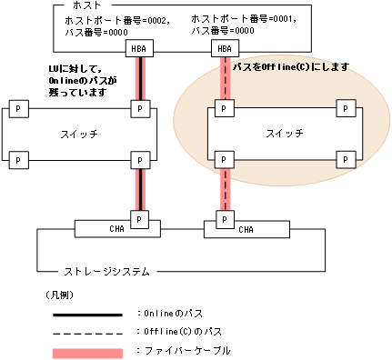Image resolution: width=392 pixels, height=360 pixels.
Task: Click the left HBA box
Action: (139, 48)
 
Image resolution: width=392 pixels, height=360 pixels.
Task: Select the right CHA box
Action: (246, 229)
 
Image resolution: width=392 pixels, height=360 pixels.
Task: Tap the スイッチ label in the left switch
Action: (76, 134)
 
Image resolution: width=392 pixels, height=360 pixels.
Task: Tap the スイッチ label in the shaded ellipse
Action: (278, 134)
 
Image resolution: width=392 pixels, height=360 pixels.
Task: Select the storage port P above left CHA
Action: (139, 218)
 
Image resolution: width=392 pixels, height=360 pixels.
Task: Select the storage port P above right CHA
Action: (222, 218)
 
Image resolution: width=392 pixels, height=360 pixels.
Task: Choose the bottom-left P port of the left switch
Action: (16, 160)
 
